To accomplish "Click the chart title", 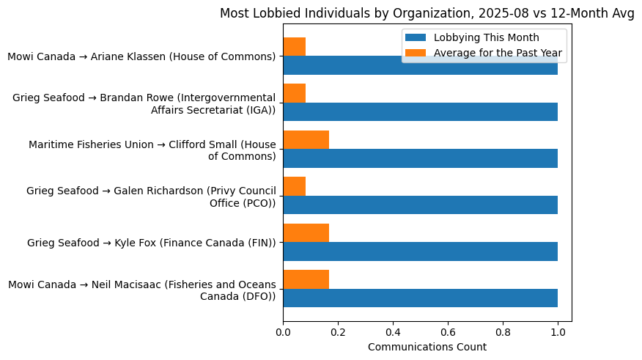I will pos(427,13).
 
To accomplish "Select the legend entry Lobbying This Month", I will pos(486,37).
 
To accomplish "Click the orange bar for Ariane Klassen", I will pos(294,47).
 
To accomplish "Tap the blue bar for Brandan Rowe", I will pos(420,111).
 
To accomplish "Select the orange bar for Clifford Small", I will pos(306,139).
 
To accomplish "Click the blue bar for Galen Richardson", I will pos(420,205).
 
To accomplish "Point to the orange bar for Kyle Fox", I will pos(306,232).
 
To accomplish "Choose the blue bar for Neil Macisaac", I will pos(420,298).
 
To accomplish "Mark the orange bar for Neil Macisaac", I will pos(306,279).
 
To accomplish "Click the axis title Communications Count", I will pos(427,347).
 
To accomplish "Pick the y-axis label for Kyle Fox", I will pos(151,242).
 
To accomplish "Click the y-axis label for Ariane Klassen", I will pos(141,56).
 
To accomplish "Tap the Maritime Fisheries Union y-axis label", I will pos(152,150).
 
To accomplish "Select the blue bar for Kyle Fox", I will pos(420,251).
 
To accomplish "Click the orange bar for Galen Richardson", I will pos(294,186).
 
